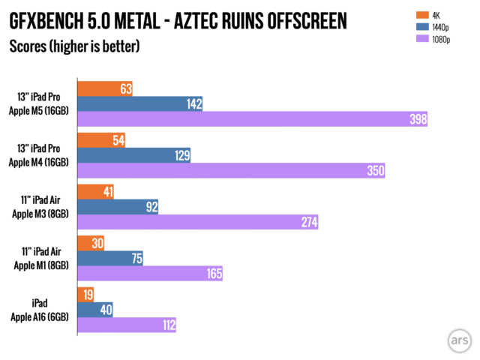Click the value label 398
click(413, 118)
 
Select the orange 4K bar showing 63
click(106, 89)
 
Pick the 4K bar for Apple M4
click(101, 141)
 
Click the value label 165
click(214, 274)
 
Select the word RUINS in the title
click(244, 21)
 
